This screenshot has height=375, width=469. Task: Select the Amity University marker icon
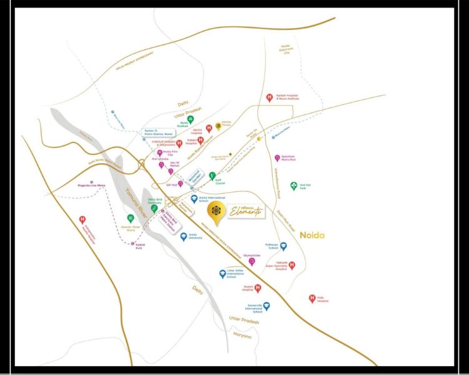click(x=184, y=237)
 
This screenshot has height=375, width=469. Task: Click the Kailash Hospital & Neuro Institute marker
click(x=270, y=97)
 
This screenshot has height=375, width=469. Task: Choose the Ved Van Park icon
click(x=293, y=186)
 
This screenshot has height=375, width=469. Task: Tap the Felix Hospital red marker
click(x=312, y=299)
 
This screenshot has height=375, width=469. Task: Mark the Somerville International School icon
click(x=266, y=307)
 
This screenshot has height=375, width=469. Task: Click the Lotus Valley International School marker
click(x=223, y=274)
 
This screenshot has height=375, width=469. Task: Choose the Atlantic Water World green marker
click(x=131, y=219)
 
